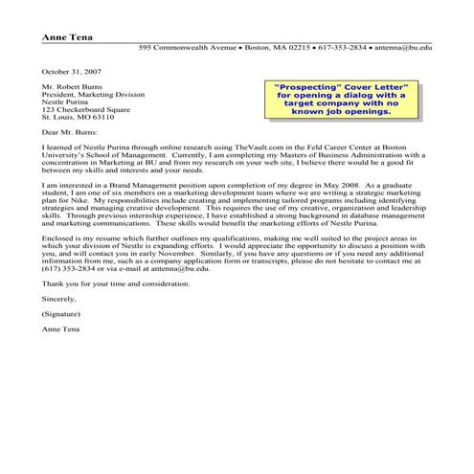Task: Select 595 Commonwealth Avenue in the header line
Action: pyautogui.click(x=185, y=47)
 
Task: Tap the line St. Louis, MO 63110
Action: pyautogui.click(x=78, y=117)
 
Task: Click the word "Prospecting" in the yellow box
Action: pyautogui.click(x=302, y=87)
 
